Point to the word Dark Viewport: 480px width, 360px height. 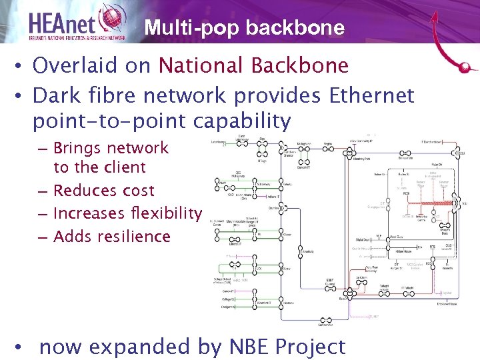(55, 95)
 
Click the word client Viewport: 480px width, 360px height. (123, 167)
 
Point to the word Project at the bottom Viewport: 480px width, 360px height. (310, 347)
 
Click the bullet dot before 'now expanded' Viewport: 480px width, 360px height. (22, 347)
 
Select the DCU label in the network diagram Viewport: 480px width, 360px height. (461, 153)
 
